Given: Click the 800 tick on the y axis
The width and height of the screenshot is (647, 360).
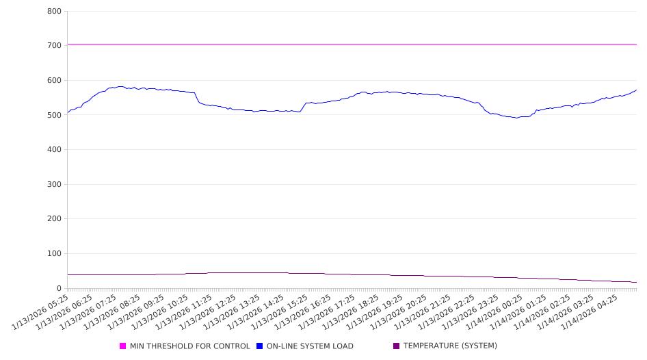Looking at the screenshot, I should click(55, 12).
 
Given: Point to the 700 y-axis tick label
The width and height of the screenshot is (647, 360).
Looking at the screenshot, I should click(55, 46).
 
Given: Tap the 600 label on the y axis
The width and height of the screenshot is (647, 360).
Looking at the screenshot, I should click(55, 81).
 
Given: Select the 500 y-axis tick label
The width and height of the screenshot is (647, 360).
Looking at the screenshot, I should click(55, 115).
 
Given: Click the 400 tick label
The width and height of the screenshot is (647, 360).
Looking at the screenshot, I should click(55, 150).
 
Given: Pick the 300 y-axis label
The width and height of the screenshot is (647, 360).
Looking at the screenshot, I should click(55, 185).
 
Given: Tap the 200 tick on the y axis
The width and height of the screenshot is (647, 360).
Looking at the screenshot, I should click(55, 219).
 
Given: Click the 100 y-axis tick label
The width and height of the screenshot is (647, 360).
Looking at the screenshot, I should click(55, 254).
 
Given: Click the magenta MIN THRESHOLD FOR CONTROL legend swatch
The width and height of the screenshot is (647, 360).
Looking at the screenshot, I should click(123, 346).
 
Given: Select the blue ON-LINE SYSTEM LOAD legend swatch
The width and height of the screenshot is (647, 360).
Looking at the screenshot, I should click(260, 346).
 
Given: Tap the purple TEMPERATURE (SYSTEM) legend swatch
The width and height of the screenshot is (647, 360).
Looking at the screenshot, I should click(397, 346).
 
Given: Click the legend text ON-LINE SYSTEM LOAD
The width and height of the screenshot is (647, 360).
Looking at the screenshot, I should click(310, 346).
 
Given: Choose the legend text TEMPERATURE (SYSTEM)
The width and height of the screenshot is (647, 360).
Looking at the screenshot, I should click(450, 346).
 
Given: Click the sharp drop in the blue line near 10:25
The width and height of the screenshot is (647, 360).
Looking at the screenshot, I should click(197, 99).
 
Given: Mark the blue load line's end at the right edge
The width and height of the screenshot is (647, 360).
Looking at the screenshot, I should click(636, 90).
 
